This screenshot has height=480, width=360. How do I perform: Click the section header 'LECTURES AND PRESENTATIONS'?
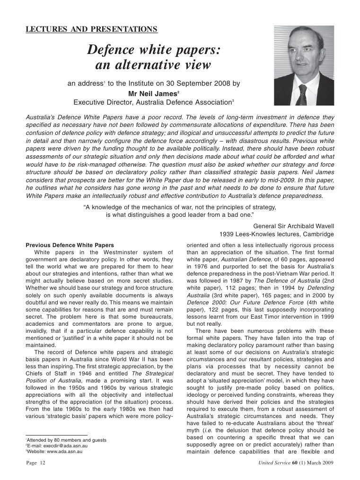91,30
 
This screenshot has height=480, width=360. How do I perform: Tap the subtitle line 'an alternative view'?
153,64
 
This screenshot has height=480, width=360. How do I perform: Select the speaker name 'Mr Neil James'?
153,93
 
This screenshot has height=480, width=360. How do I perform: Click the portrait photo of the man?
304,65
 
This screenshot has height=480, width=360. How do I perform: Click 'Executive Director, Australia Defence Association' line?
153,102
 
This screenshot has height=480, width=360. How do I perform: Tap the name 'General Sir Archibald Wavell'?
293,226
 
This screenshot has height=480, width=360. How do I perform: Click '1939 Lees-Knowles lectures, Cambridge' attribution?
277,234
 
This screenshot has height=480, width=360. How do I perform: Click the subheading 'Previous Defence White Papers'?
70,245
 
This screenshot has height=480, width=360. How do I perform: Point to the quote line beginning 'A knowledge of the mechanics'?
179,207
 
